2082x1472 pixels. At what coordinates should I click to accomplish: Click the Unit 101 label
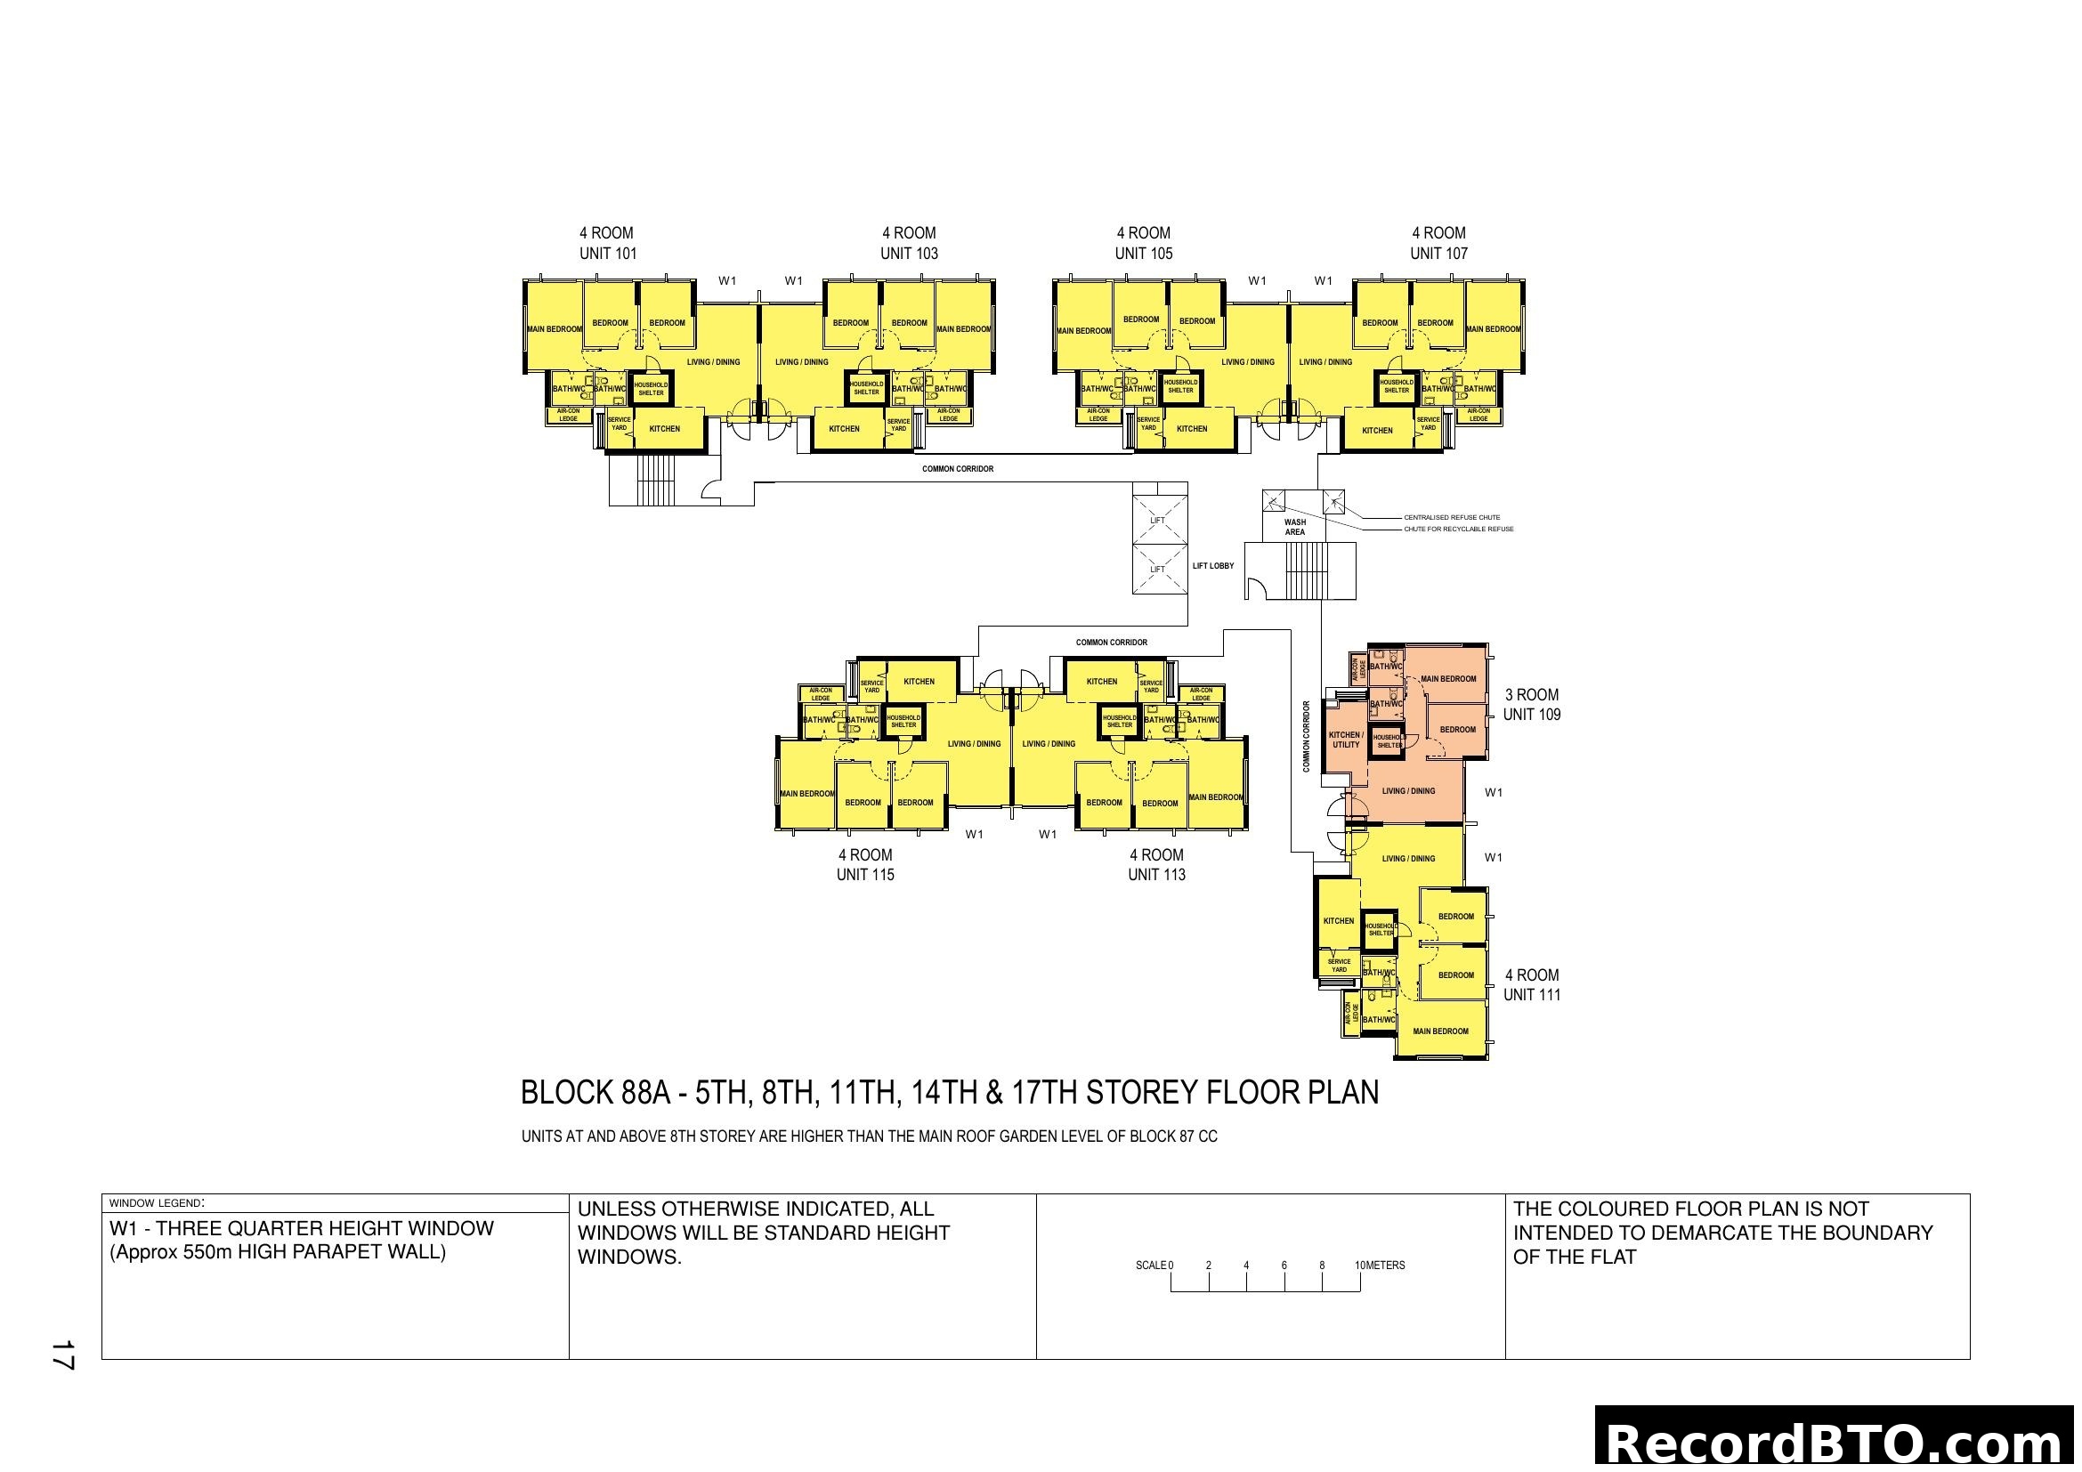[608, 253]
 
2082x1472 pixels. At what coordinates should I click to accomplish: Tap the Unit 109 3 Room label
[1531, 704]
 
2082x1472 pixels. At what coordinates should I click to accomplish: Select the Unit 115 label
[864, 874]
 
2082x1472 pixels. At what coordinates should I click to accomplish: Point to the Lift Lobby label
[1212, 566]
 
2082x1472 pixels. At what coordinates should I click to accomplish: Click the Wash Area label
[1294, 527]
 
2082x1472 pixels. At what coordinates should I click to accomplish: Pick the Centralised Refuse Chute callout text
[1451, 518]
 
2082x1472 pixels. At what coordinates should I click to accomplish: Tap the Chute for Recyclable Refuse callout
[1458, 530]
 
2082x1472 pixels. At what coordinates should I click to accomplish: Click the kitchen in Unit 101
[664, 429]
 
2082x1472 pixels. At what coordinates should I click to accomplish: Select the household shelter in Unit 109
[1388, 741]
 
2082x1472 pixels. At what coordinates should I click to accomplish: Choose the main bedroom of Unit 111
[1440, 1031]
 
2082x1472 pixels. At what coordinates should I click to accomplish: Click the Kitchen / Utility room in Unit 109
[1345, 740]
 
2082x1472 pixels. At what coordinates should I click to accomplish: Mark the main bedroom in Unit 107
[1493, 329]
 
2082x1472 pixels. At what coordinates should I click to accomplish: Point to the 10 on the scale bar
[1359, 1266]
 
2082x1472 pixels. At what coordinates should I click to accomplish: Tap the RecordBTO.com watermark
[1837, 1441]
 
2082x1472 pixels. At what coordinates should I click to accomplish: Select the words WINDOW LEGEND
[155, 1204]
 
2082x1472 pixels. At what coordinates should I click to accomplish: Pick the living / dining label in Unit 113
[1049, 744]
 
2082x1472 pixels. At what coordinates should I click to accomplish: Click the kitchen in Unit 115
[919, 682]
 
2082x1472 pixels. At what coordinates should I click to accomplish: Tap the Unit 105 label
[1143, 253]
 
